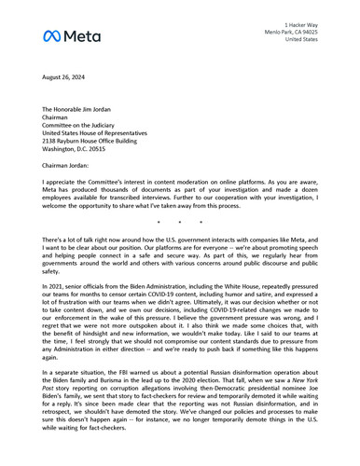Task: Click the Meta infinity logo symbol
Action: point(53,35)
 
